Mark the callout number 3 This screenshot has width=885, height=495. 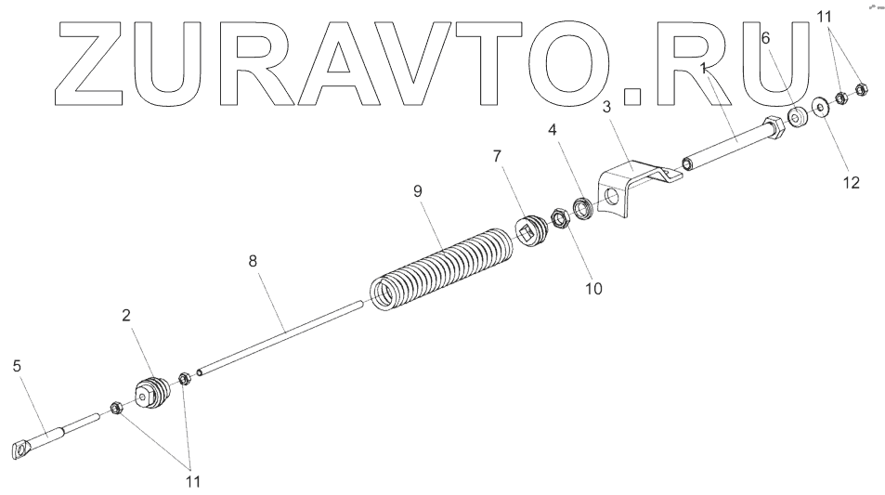point(605,108)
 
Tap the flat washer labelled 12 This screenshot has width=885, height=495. point(821,107)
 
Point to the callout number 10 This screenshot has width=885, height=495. point(593,288)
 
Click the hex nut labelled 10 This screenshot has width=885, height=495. point(561,220)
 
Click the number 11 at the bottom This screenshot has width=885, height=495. point(193,482)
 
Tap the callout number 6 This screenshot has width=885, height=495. point(765,38)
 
